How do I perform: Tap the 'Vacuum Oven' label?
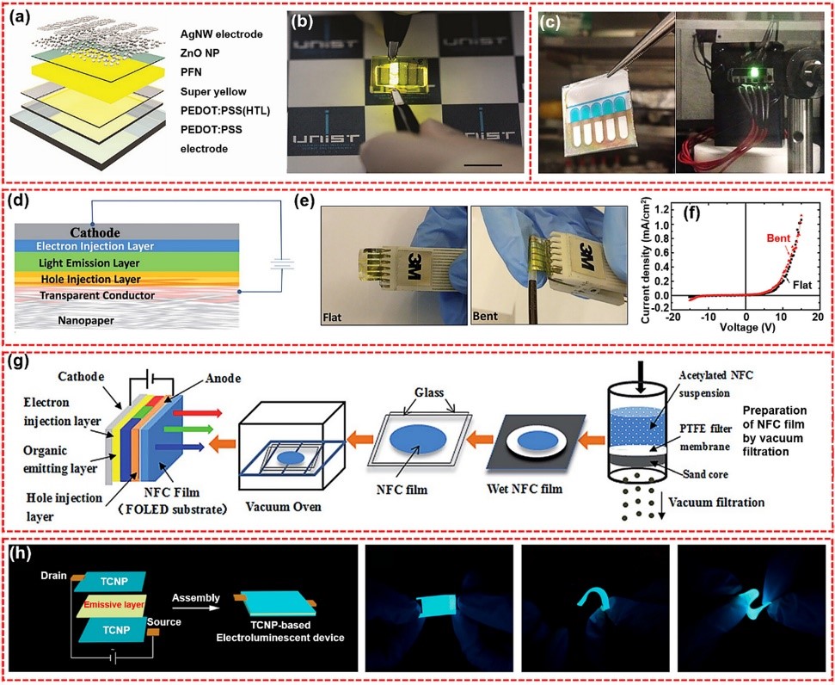282,508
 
